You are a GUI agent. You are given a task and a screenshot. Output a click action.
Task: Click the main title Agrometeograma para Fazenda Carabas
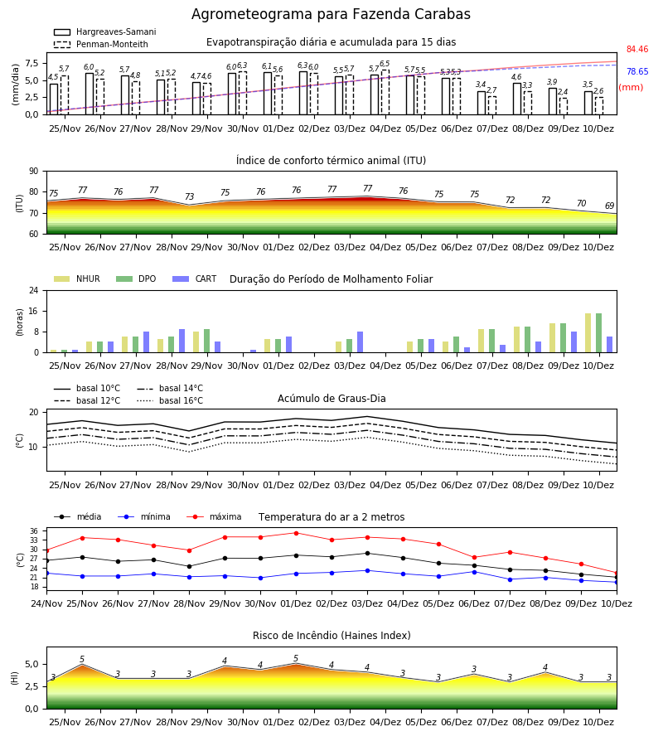331,14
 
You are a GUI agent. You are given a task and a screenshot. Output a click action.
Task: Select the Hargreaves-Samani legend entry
105,31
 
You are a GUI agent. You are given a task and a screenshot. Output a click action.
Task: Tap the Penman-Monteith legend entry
101,44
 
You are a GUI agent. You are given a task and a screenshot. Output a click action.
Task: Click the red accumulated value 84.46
637,49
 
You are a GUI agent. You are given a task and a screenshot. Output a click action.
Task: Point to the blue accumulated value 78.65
637,71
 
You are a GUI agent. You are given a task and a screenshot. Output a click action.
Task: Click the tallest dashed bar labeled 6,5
385,92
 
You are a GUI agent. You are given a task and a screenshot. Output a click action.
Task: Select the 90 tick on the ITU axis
34,172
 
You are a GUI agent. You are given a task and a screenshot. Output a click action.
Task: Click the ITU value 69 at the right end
610,206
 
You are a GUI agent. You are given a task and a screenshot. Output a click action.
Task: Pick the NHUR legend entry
77,279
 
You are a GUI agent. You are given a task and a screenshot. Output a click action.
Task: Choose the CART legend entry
195,279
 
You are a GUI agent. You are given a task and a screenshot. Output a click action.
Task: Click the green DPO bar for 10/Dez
599,333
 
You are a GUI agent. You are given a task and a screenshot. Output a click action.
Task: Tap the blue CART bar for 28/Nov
182,341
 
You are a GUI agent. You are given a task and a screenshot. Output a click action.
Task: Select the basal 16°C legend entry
170,400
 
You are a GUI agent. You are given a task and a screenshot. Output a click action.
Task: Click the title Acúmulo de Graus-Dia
331,399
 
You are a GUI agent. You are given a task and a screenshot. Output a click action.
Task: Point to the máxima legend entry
214,516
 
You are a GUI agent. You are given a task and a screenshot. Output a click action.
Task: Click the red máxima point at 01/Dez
297,533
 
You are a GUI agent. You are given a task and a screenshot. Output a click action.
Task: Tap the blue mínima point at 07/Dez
511,579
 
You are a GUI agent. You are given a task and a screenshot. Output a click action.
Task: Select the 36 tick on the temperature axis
34,531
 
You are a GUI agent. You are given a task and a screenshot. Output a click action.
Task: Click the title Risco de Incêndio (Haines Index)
331,636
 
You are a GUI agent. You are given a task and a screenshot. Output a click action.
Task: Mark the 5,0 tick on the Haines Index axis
32,665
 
